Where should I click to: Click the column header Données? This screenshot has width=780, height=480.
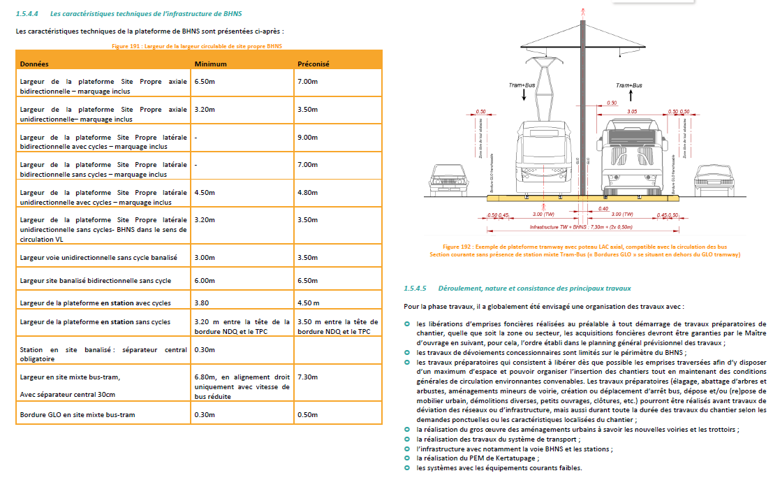pos(34,64)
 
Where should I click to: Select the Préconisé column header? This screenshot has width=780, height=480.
pos(314,64)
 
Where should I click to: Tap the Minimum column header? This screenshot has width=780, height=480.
pos(211,64)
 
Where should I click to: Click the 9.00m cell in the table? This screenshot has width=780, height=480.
pos(308,138)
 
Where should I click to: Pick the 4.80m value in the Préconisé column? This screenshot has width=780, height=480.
pos(308,192)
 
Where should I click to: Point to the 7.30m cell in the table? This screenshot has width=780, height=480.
pos(308,377)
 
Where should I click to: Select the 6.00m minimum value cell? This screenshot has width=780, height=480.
pos(205,281)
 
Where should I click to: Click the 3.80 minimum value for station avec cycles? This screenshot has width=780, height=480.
pos(202,303)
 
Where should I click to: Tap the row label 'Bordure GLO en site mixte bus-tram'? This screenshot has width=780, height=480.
pos(78,414)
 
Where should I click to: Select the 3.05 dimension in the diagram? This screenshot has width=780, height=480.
pos(632,111)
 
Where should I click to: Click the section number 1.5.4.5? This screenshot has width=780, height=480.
pos(415,288)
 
